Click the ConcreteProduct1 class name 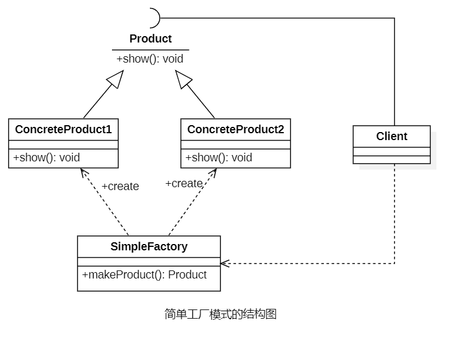tap(63, 130)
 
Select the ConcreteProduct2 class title tap(235, 130)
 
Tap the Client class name tap(392, 137)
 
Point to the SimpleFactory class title tap(149, 247)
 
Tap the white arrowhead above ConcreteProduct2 tap(183, 79)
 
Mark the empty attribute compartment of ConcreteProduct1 tap(63, 145)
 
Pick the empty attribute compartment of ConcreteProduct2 tap(235, 145)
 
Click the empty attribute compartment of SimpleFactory tap(149, 262)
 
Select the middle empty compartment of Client tap(392, 152)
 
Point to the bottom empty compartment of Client tap(392, 160)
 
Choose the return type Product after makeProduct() tap(187, 275)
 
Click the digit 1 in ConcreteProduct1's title tap(109, 130)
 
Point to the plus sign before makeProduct tap(85, 275)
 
